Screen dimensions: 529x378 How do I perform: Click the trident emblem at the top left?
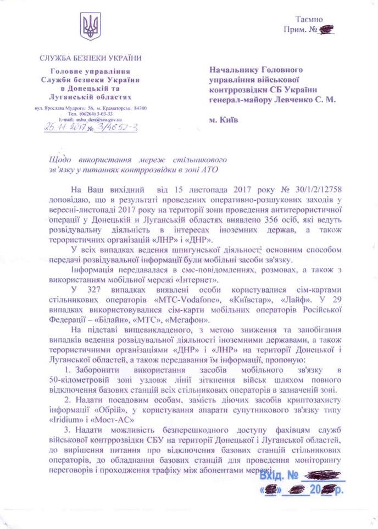[90, 26]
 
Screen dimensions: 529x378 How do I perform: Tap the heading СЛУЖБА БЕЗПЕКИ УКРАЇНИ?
[90, 58]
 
